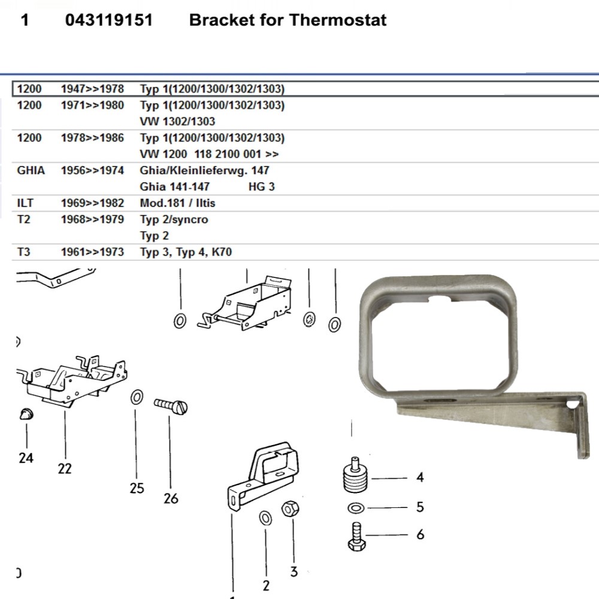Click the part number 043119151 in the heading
109,20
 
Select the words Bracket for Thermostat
288,20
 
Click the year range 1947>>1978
92,89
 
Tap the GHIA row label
31,171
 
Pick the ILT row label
25,203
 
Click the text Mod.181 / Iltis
177,203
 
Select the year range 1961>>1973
92,252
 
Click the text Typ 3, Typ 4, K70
186,252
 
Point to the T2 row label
23,219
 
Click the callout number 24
26,458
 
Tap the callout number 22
65,468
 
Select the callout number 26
171,498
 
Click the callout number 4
420,477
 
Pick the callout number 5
420,507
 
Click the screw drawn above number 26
171,406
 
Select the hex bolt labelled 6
356,536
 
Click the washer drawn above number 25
137,397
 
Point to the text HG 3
262,187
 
